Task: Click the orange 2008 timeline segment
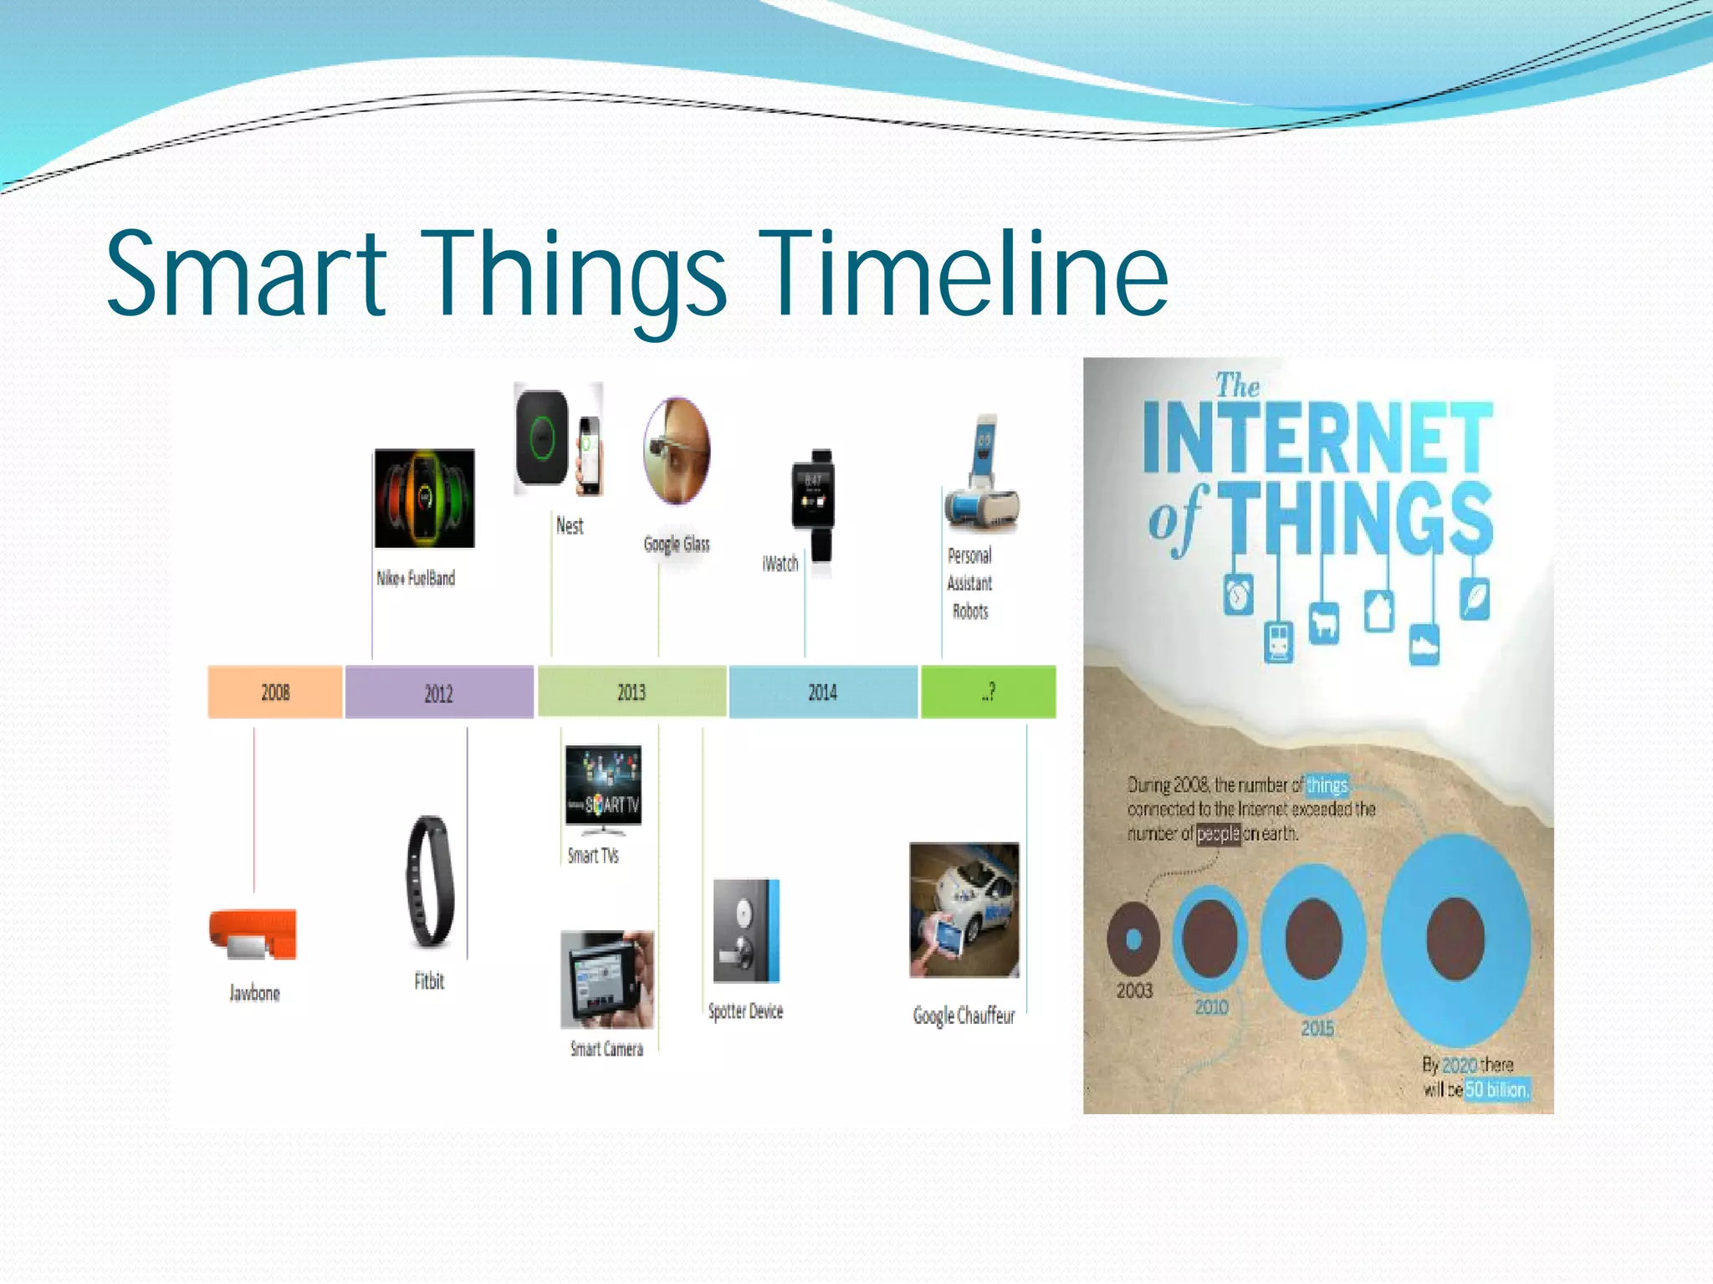[274, 692]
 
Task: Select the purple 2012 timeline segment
[439, 693]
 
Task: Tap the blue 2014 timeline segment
[823, 692]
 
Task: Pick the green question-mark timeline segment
[988, 692]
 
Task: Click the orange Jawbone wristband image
[253, 934]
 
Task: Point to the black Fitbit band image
[430, 882]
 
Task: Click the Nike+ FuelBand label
[416, 578]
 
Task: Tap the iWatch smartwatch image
[813, 504]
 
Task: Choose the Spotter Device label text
[745, 1011]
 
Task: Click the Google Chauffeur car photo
[964, 909]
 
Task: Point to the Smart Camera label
[606, 1049]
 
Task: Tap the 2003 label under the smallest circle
[1134, 990]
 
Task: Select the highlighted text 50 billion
[1496, 1089]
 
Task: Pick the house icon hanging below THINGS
[1378, 611]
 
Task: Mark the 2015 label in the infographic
[1317, 1028]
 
